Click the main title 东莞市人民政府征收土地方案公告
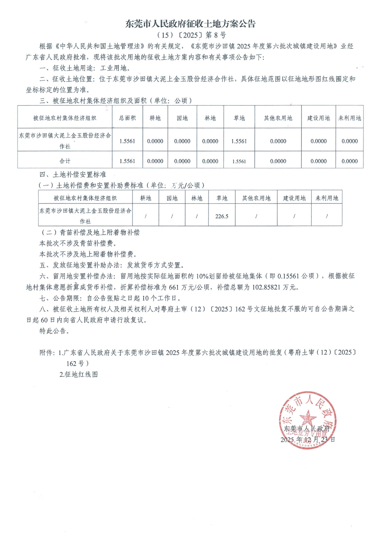click(x=190, y=24)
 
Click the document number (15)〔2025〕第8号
click(x=190, y=35)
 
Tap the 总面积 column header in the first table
click(x=127, y=118)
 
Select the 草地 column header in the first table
click(x=239, y=118)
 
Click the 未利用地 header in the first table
click(x=349, y=118)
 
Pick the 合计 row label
click(x=65, y=161)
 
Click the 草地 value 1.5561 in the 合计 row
click(x=239, y=162)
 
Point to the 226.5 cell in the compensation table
click(x=222, y=216)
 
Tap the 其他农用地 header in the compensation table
click(x=256, y=198)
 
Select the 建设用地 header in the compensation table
click(x=294, y=198)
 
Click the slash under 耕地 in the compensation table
click(x=146, y=216)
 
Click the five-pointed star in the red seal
click(x=308, y=419)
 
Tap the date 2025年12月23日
click(x=308, y=439)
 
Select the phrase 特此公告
click(x=54, y=331)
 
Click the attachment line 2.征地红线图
click(x=79, y=374)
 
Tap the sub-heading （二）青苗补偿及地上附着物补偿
click(x=89, y=232)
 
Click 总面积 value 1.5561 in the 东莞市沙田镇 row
click(x=127, y=141)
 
